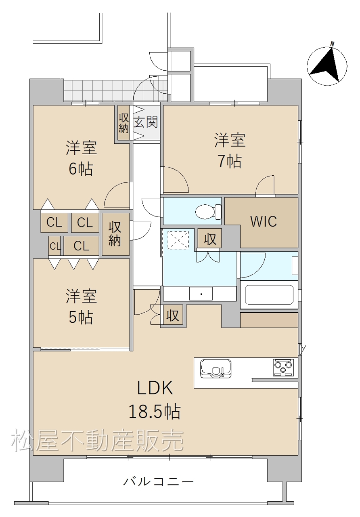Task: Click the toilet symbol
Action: click(x=208, y=211)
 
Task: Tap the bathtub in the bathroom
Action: click(x=269, y=294)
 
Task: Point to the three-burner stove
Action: click(x=283, y=367)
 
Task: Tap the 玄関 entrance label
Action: click(x=146, y=122)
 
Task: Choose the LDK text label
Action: click(x=155, y=388)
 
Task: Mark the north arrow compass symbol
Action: click(x=327, y=65)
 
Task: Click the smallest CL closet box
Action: click(x=54, y=246)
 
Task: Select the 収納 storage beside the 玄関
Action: click(x=123, y=123)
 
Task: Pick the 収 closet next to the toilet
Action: click(x=209, y=238)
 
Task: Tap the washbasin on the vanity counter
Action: click(x=201, y=294)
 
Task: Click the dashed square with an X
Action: click(x=178, y=240)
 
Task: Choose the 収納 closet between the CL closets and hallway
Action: click(x=115, y=234)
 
